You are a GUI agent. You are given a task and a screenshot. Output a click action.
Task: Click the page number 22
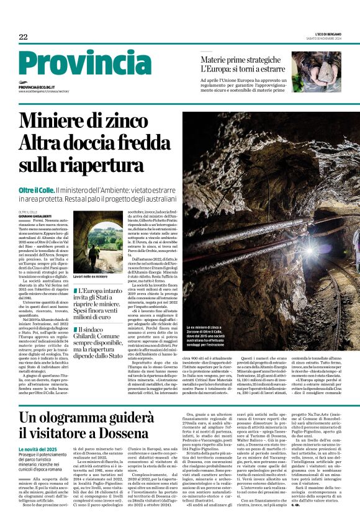[23, 37]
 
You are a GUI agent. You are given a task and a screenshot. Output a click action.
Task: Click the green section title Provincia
[84, 65]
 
